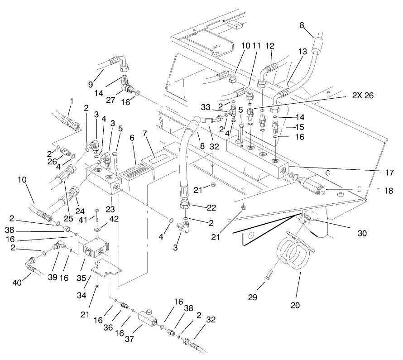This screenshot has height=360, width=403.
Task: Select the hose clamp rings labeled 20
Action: (x=294, y=254)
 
